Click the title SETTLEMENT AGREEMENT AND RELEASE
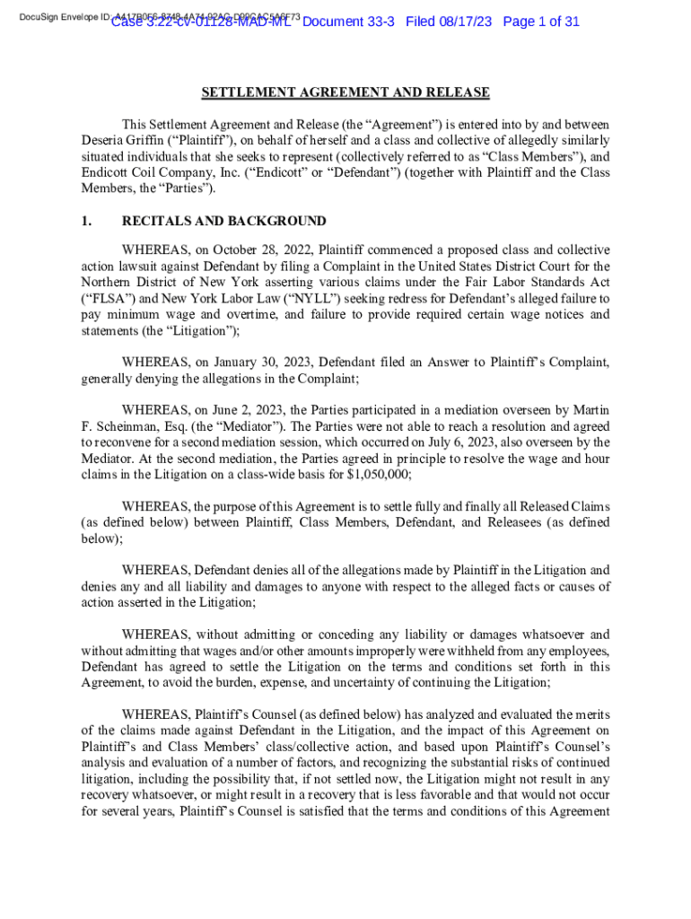coord(345,92)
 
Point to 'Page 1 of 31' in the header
coord(541,22)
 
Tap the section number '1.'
coord(86,221)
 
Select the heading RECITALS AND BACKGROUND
coord(223,221)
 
